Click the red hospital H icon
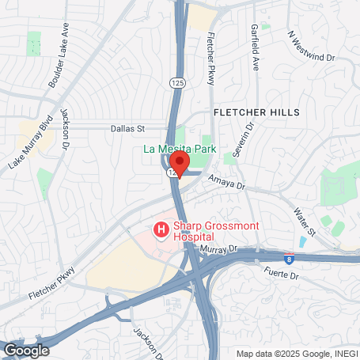[161, 230]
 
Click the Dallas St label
[130, 127]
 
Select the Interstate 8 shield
[290, 258]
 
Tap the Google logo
[26, 350]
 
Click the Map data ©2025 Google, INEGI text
[297, 354]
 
